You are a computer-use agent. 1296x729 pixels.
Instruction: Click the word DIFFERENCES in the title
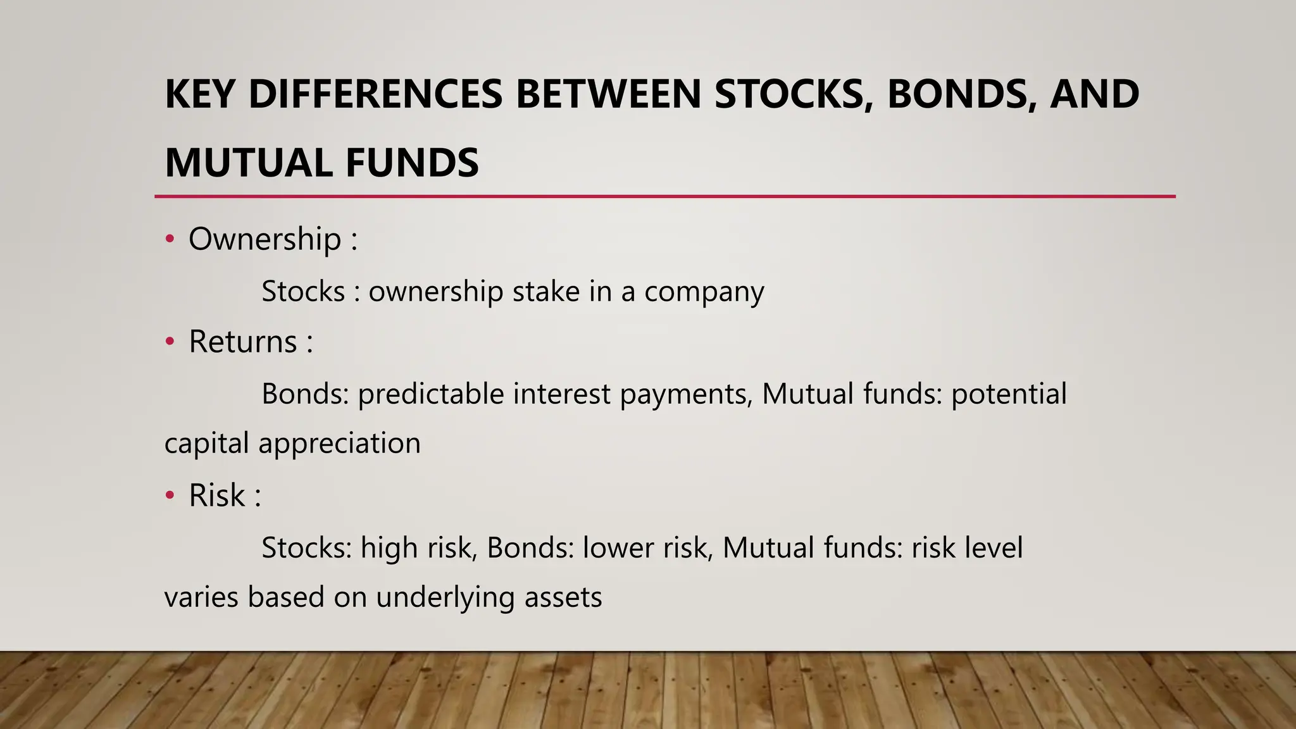point(375,94)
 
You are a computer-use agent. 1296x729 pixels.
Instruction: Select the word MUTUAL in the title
point(249,163)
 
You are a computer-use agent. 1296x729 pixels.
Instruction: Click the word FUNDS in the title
point(412,163)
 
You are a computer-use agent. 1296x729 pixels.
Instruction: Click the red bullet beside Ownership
point(169,239)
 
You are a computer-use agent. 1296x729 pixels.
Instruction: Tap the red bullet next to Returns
point(169,342)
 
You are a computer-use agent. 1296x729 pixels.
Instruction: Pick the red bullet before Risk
point(169,495)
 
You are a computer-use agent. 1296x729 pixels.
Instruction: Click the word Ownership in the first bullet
point(265,239)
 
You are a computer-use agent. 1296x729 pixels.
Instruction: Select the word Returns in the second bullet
point(243,342)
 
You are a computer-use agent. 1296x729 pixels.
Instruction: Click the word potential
point(1009,394)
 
